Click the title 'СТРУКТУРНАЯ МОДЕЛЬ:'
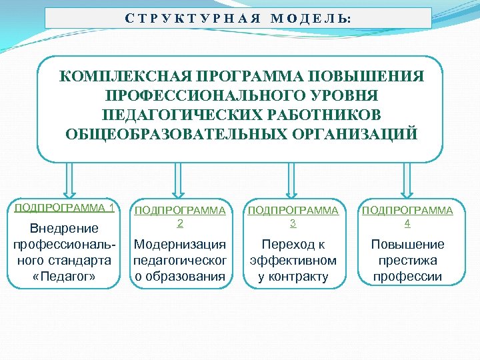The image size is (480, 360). (x=237, y=18)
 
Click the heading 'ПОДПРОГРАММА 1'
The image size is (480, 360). (x=63, y=207)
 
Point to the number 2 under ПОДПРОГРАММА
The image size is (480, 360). (x=179, y=223)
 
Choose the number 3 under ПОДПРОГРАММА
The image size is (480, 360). (x=293, y=223)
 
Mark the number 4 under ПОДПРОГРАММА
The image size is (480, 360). (x=407, y=223)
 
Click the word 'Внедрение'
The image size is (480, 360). (x=65, y=229)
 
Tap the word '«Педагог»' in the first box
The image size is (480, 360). (x=64, y=276)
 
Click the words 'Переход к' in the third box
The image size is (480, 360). (x=293, y=244)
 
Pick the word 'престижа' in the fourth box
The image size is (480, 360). (x=407, y=260)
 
